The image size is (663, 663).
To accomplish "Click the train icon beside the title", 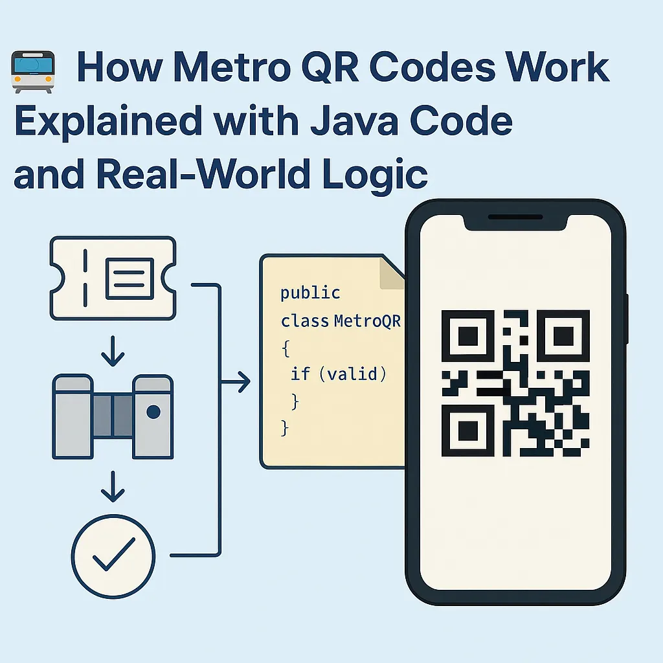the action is (x=33, y=71).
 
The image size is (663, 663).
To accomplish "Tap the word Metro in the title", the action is (x=232, y=67).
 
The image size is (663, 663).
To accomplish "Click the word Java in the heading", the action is (x=354, y=121).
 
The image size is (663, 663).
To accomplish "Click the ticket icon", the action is (x=113, y=278).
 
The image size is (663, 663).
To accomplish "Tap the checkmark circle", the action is (x=113, y=556).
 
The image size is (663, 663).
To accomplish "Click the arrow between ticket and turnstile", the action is (x=113, y=351).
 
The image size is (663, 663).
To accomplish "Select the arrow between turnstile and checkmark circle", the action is (x=113, y=486).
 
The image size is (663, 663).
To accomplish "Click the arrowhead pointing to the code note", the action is (x=243, y=382).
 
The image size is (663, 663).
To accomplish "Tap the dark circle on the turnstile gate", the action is (x=153, y=411).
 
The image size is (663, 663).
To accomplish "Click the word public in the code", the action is (x=310, y=293).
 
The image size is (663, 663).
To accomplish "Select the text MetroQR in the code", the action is (x=367, y=321).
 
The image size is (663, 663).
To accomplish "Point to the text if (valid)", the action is (x=338, y=374).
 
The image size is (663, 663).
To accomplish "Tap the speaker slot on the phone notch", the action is (x=515, y=217).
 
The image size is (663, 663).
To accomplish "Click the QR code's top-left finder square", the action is (x=468, y=336).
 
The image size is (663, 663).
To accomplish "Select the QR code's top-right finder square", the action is (x=563, y=336).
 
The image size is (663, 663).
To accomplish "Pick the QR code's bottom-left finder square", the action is (x=468, y=431).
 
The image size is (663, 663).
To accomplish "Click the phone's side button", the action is (x=627, y=319).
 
